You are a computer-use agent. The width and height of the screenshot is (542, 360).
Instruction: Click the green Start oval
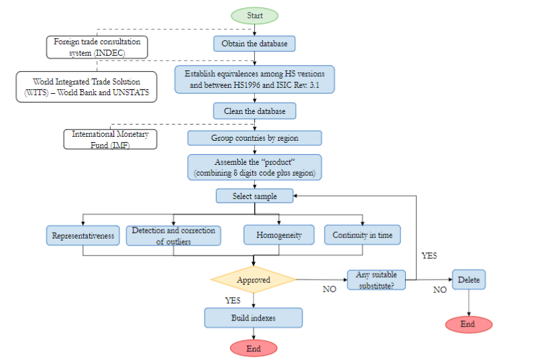coord(254,15)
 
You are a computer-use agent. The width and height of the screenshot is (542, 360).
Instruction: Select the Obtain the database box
coord(254,44)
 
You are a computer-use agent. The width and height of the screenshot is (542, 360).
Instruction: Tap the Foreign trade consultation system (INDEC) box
coord(98,47)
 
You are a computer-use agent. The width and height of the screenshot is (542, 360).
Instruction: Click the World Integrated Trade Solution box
coord(87,86)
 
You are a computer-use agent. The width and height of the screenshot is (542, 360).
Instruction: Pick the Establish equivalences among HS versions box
coord(254,79)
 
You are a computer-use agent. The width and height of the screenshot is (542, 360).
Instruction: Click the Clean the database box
coord(254,111)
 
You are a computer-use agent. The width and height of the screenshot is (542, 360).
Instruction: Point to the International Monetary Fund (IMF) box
coord(109,139)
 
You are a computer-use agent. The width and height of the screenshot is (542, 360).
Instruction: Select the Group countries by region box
coord(254,138)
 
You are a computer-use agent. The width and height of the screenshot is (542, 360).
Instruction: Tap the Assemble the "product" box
coord(254,167)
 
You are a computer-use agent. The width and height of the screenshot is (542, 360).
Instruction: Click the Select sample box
coord(254,196)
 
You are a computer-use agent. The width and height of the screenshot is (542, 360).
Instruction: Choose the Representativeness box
coord(83,235)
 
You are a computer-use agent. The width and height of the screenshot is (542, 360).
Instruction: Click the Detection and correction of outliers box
coord(173,235)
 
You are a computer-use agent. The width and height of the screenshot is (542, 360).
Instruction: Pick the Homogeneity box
coord(278,235)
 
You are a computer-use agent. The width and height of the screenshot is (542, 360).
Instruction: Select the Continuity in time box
coord(362,235)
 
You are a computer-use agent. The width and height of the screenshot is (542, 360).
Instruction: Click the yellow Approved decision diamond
coord(254,280)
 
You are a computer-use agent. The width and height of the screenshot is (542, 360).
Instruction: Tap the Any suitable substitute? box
coord(376,280)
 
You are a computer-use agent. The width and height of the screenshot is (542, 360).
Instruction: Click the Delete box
coord(468,280)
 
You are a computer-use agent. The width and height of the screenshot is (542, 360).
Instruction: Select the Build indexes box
coord(254,317)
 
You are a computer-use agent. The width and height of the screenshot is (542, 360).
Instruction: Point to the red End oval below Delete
coord(468,324)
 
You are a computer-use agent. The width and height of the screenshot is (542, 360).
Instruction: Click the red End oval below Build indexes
coord(254,349)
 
